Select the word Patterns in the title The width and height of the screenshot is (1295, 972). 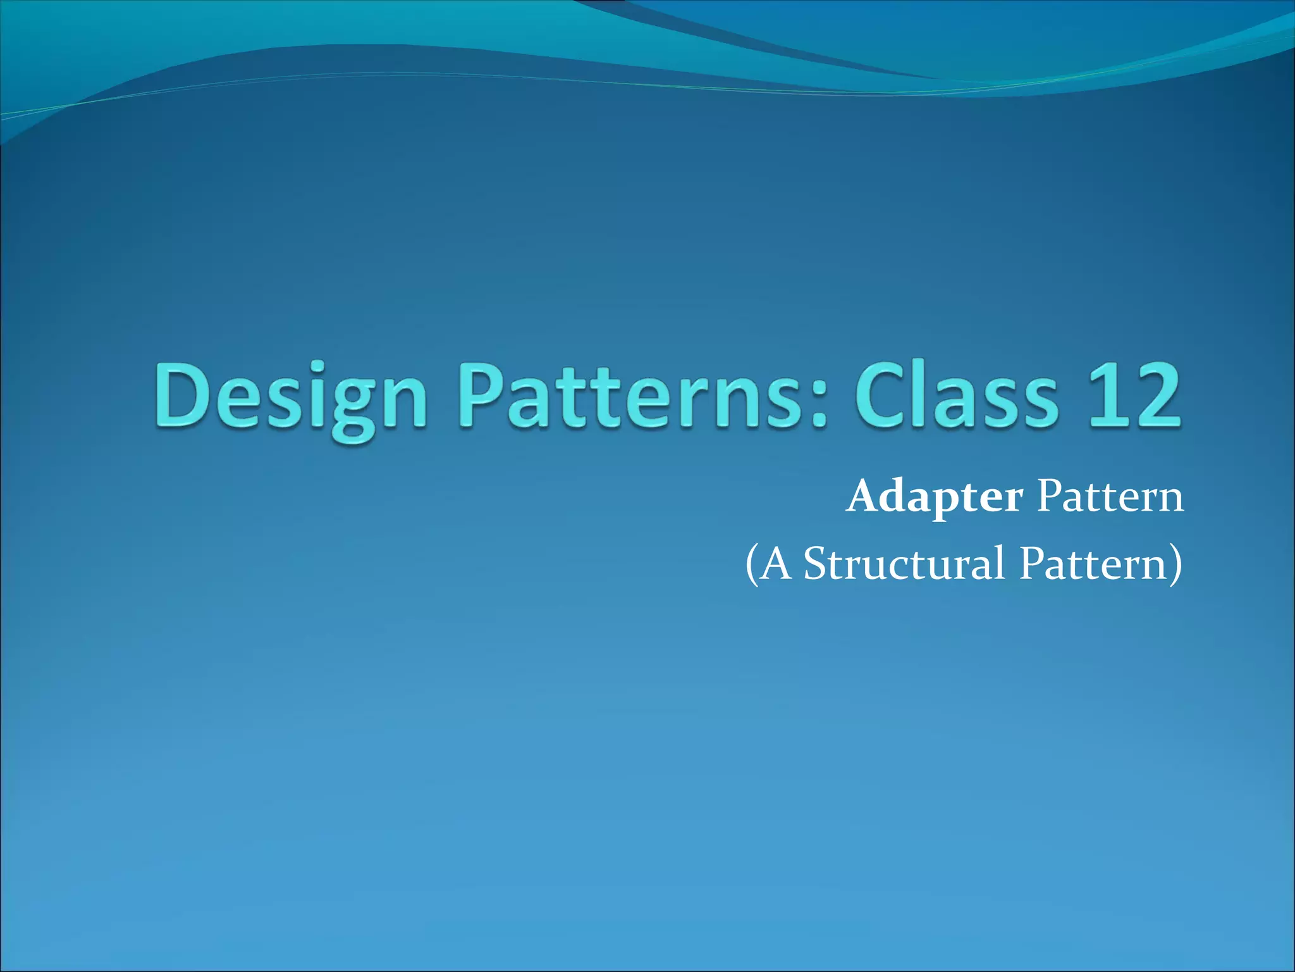click(639, 396)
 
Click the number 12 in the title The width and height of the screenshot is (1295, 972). click(1132, 396)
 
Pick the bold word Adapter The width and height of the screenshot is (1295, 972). click(935, 498)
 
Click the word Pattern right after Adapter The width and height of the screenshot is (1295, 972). click(1110, 497)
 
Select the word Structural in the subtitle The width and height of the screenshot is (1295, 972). click(904, 563)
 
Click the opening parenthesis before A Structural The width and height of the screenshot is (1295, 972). click(751, 564)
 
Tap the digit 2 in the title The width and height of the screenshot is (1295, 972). click(1155, 396)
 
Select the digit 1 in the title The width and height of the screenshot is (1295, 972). click(1104, 396)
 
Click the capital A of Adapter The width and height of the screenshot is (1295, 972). click(864, 497)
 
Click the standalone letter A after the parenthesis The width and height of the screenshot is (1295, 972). click(775, 563)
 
